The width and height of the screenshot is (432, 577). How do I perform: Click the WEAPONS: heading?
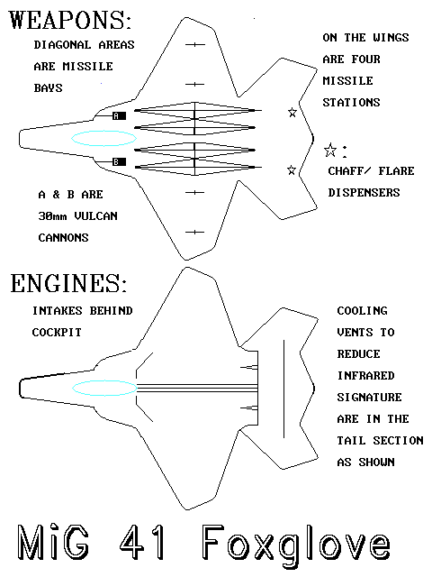(70, 20)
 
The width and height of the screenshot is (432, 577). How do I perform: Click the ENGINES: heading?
(68, 283)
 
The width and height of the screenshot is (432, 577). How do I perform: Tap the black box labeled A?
(119, 116)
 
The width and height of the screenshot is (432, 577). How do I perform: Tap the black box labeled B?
(119, 161)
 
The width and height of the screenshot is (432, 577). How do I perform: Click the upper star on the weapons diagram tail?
(292, 112)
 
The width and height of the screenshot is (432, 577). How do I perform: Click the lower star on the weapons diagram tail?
(292, 170)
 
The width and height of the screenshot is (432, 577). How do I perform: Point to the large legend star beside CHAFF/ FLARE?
(330, 150)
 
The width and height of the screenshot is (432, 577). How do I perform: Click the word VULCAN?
(96, 216)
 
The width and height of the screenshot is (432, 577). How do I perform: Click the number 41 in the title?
(142, 543)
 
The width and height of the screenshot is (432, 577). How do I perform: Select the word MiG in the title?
(53, 543)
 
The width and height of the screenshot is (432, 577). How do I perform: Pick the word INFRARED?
(366, 376)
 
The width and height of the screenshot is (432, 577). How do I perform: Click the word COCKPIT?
(57, 333)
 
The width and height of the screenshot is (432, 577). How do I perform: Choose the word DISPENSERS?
(364, 192)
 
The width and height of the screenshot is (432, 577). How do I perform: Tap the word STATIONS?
(351, 102)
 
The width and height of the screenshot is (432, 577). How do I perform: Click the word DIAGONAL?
(62, 45)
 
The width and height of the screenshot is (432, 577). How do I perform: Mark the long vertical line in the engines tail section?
(283, 389)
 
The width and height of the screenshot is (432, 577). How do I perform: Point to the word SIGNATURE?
(370, 398)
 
